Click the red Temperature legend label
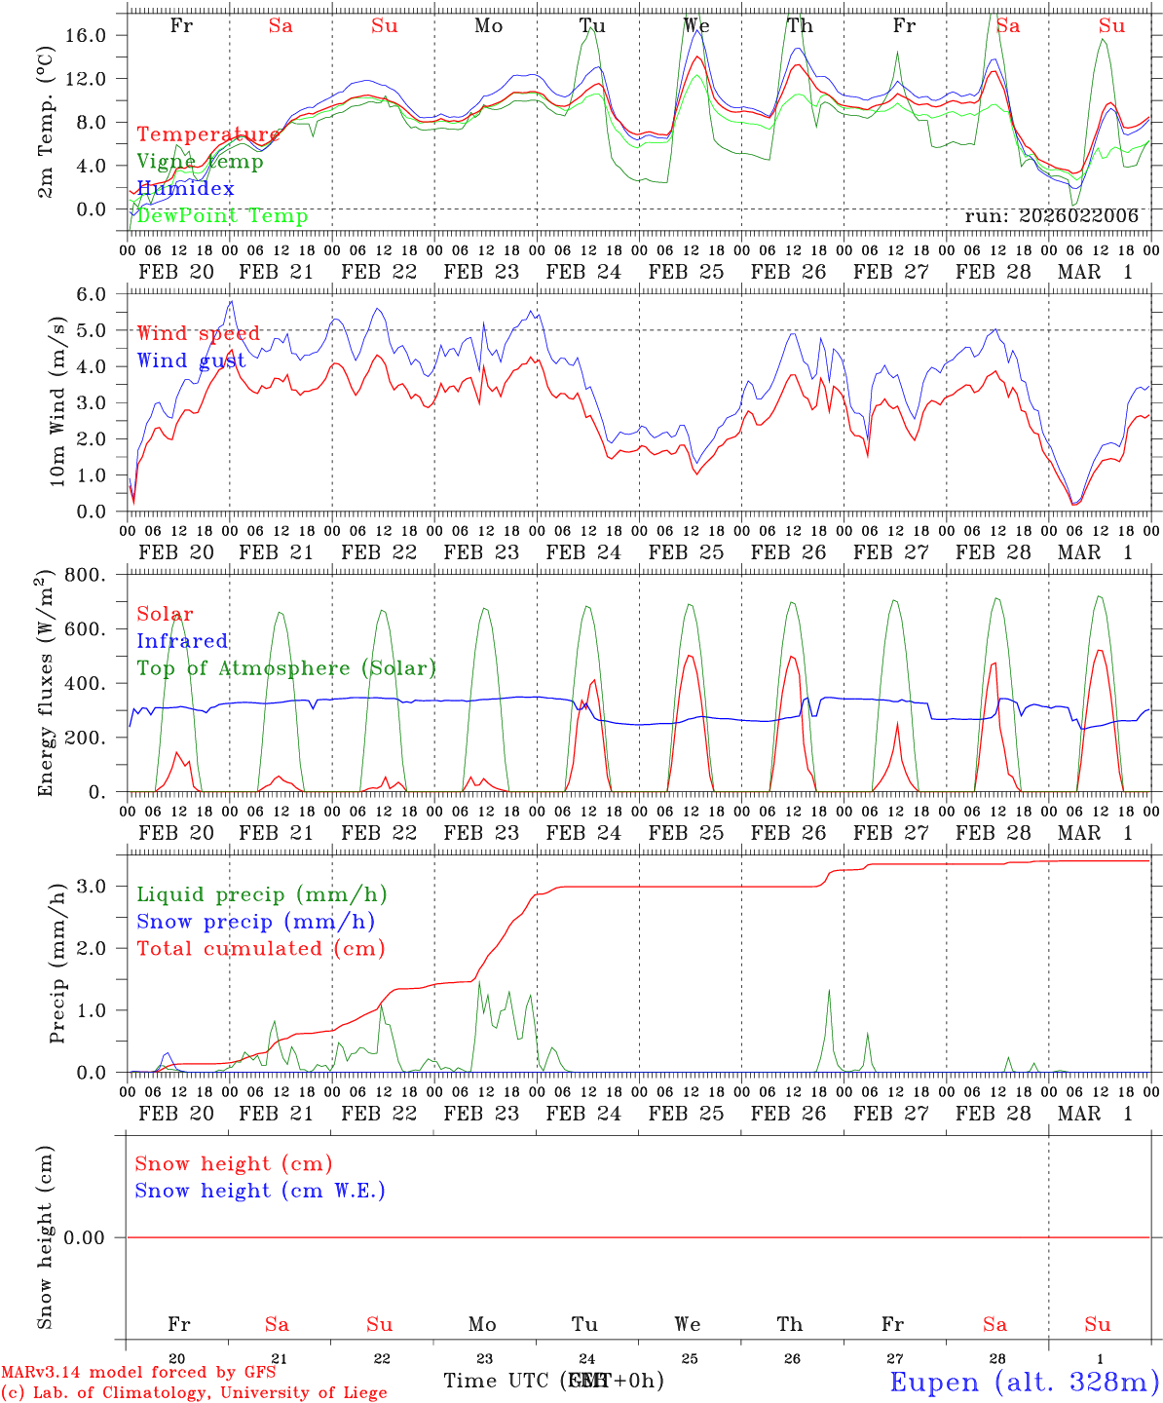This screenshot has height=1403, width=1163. pos(208,134)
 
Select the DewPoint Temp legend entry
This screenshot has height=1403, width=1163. pos(222,215)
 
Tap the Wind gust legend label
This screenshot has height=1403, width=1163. pos(191,360)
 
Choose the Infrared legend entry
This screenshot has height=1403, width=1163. pos(182,641)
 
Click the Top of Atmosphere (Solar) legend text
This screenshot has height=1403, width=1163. pos(286,668)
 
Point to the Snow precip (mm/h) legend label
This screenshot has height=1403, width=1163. pos(255,922)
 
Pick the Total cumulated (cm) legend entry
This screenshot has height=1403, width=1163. pos(260,948)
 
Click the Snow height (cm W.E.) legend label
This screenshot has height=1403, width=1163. pos(260,1191)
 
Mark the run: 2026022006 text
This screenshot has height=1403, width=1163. pos(1051,216)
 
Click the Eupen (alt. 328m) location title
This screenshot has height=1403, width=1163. pos(1024,1382)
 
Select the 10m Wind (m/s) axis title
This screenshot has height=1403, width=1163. pos(57,401)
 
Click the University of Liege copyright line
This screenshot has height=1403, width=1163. pos(194,1392)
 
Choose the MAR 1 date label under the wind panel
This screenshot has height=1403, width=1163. pos(1096,552)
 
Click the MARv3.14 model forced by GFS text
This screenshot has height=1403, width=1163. pos(138,1373)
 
